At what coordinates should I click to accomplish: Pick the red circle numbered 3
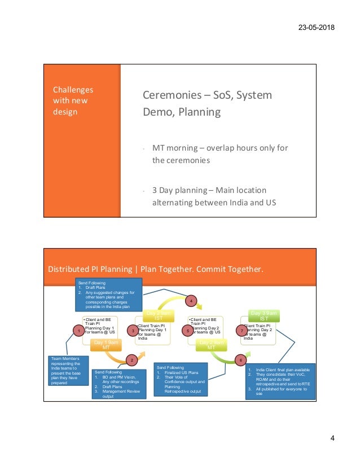coord(131,332)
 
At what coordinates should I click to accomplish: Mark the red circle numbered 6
coord(241,359)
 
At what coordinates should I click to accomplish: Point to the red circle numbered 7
coord(241,332)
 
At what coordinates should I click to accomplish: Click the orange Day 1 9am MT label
coord(106,345)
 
